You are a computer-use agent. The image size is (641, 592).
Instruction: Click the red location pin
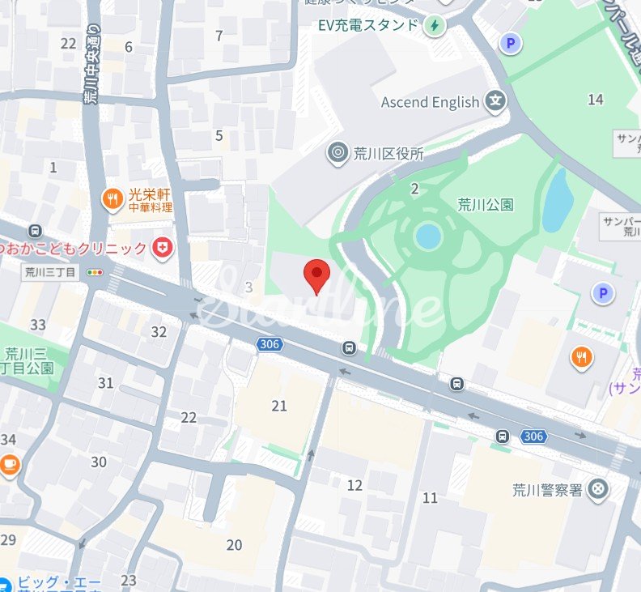pyautogui.click(x=316, y=275)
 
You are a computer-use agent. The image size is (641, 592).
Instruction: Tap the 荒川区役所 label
pyautogui.click(x=388, y=152)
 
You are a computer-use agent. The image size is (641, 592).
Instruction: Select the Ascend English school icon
pyautogui.click(x=495, y=102)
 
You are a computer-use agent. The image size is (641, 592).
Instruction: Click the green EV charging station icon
pyautogui.click(x=435, y=24)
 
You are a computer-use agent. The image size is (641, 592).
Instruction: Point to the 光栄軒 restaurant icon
pyautogui.click(x=112, y=198)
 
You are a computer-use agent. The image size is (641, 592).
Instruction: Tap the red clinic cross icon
pyautogui.click(x=163, y=248)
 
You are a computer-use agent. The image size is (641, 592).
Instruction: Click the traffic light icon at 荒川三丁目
pyautogui.click(x=97, y=272)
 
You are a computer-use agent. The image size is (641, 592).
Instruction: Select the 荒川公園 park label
pyautogui.click(x=486, y=204)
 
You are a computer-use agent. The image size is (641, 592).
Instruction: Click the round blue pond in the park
pyautogui.click(x=427, y=236)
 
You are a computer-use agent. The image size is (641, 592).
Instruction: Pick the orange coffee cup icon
pyautogui.click(x=9, y=463)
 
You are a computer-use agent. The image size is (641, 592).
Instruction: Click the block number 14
pyautogui.click(x=596, y=100)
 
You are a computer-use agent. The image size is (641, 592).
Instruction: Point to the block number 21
pyautogui.click(x=279, y=406)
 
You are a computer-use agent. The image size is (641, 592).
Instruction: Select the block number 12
pyautogui.click(x=354, y=485)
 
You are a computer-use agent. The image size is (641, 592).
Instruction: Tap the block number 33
pyautogui.click(x=38, y=325)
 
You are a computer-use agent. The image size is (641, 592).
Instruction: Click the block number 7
pyautogui.click(x=219, y=35)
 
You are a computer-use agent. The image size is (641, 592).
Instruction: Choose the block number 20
pyautogui.click(x=234, y=545)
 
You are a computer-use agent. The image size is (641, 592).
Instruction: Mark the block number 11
pyautogui.click(x=430, y=497)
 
